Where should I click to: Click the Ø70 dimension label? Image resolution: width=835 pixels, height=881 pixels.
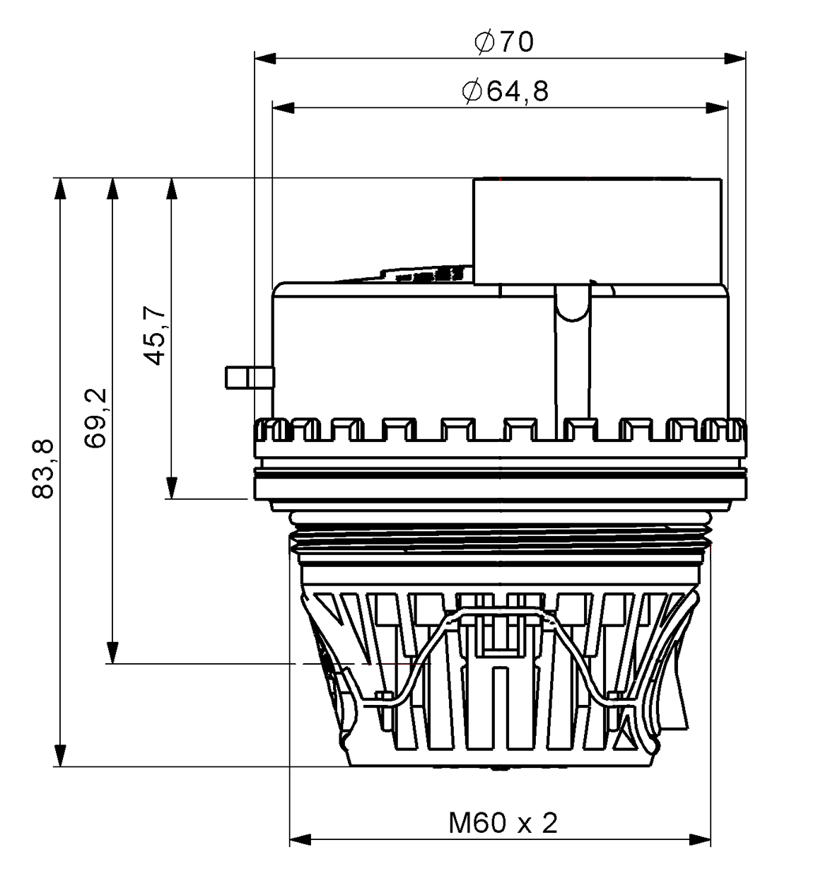pos(504,43)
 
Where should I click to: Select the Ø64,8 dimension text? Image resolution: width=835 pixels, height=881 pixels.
pos(505,92)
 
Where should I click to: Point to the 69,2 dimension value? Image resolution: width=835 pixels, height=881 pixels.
pos(95,416)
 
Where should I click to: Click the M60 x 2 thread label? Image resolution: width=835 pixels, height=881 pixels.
pos(503,823)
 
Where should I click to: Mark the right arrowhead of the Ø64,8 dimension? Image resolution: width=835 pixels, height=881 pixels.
pos(717,107)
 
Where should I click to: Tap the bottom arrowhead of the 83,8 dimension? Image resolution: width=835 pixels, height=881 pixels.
pos(61,754)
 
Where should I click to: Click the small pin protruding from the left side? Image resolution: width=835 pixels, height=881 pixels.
pos(248,377)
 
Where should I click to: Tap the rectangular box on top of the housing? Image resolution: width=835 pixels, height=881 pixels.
pos(597,231)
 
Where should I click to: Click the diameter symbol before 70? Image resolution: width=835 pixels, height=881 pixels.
pos(484,43)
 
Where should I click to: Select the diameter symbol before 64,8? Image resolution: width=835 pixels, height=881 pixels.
pos(472,92)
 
